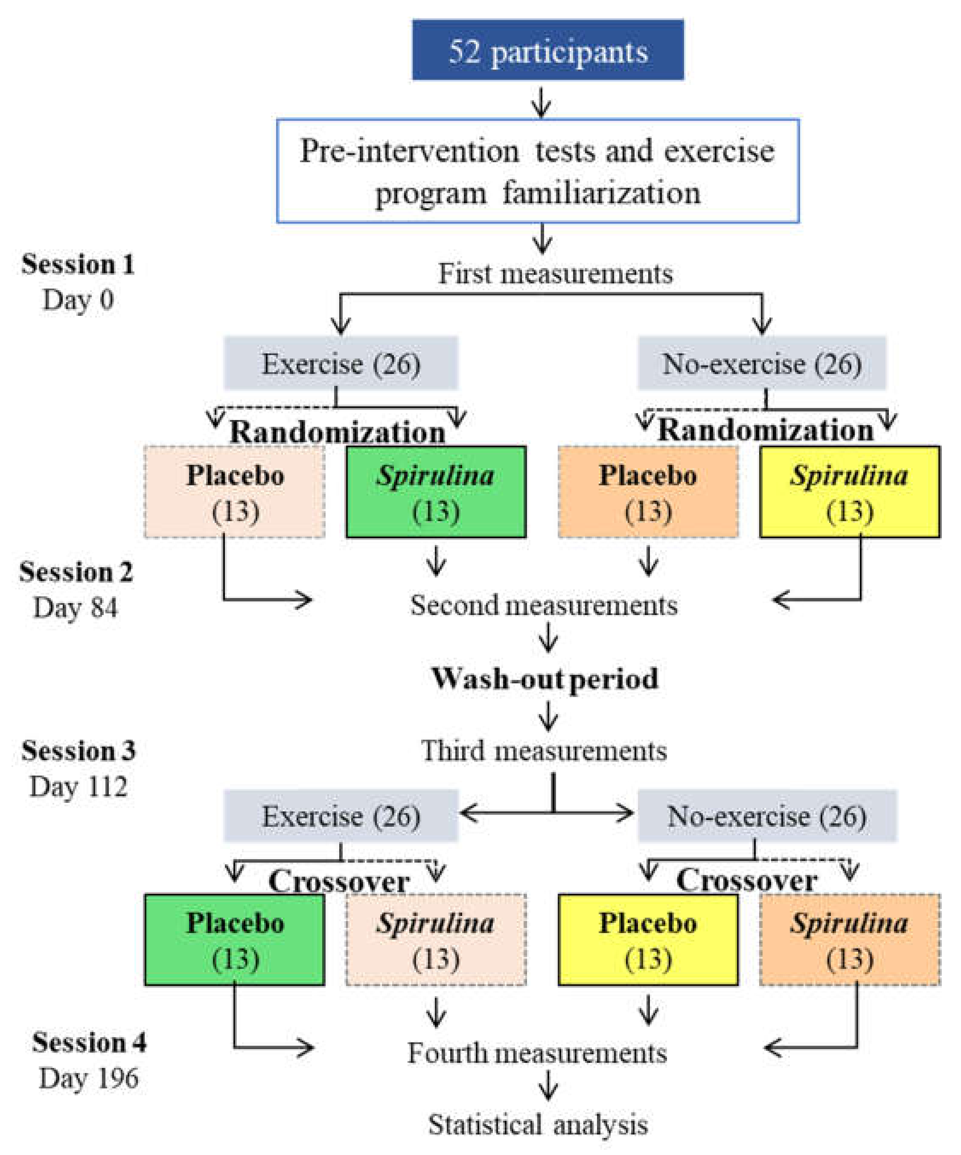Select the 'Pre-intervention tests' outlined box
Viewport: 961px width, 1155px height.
[x=537, y=171]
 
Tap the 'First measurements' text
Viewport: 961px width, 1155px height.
[x=555, y=273]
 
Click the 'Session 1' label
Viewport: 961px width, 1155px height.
[x=78, y=265]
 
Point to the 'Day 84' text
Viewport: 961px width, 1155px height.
[x=76, y=608]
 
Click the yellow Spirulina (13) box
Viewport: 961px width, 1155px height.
[x=849, y=492]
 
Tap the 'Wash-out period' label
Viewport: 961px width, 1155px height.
[x=544, y=678]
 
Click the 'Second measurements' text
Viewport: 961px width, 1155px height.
[x=544, y=605]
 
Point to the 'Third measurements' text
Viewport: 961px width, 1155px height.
[x=544, y=751]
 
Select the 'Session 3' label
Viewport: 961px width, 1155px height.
[x=79, y=751]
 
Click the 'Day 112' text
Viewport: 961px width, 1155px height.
[x=78, y=787]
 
